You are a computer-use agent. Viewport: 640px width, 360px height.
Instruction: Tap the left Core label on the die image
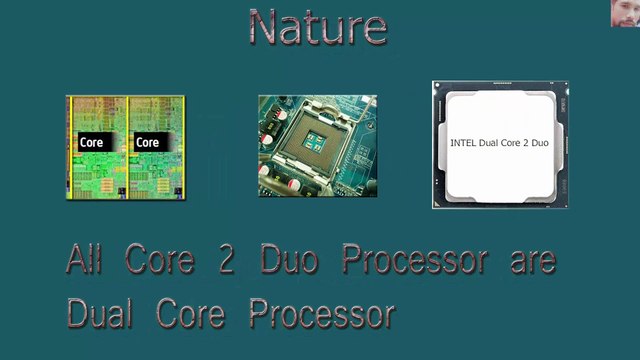coord(91,142)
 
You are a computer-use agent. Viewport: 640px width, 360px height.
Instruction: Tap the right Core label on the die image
coord(148,142)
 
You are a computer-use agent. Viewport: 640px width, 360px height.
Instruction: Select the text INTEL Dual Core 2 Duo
coord(499,143)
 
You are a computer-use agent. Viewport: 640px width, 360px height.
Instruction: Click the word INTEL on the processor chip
coord(463,143)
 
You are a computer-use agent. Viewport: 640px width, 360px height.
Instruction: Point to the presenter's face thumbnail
coord(624,13)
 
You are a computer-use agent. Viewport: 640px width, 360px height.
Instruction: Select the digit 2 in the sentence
coord(216,259)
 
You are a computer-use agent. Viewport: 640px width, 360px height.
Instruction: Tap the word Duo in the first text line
coord(287,259)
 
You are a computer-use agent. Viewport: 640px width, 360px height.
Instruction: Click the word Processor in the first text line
coord(414,259)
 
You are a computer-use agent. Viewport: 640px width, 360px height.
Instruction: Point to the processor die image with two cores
coord(125,147)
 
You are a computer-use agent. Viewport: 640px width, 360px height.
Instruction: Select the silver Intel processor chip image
coord(499,145)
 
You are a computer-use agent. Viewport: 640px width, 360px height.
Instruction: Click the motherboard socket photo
coord(317,146)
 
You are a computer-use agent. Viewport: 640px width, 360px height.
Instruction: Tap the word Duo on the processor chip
coord(539,143)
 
